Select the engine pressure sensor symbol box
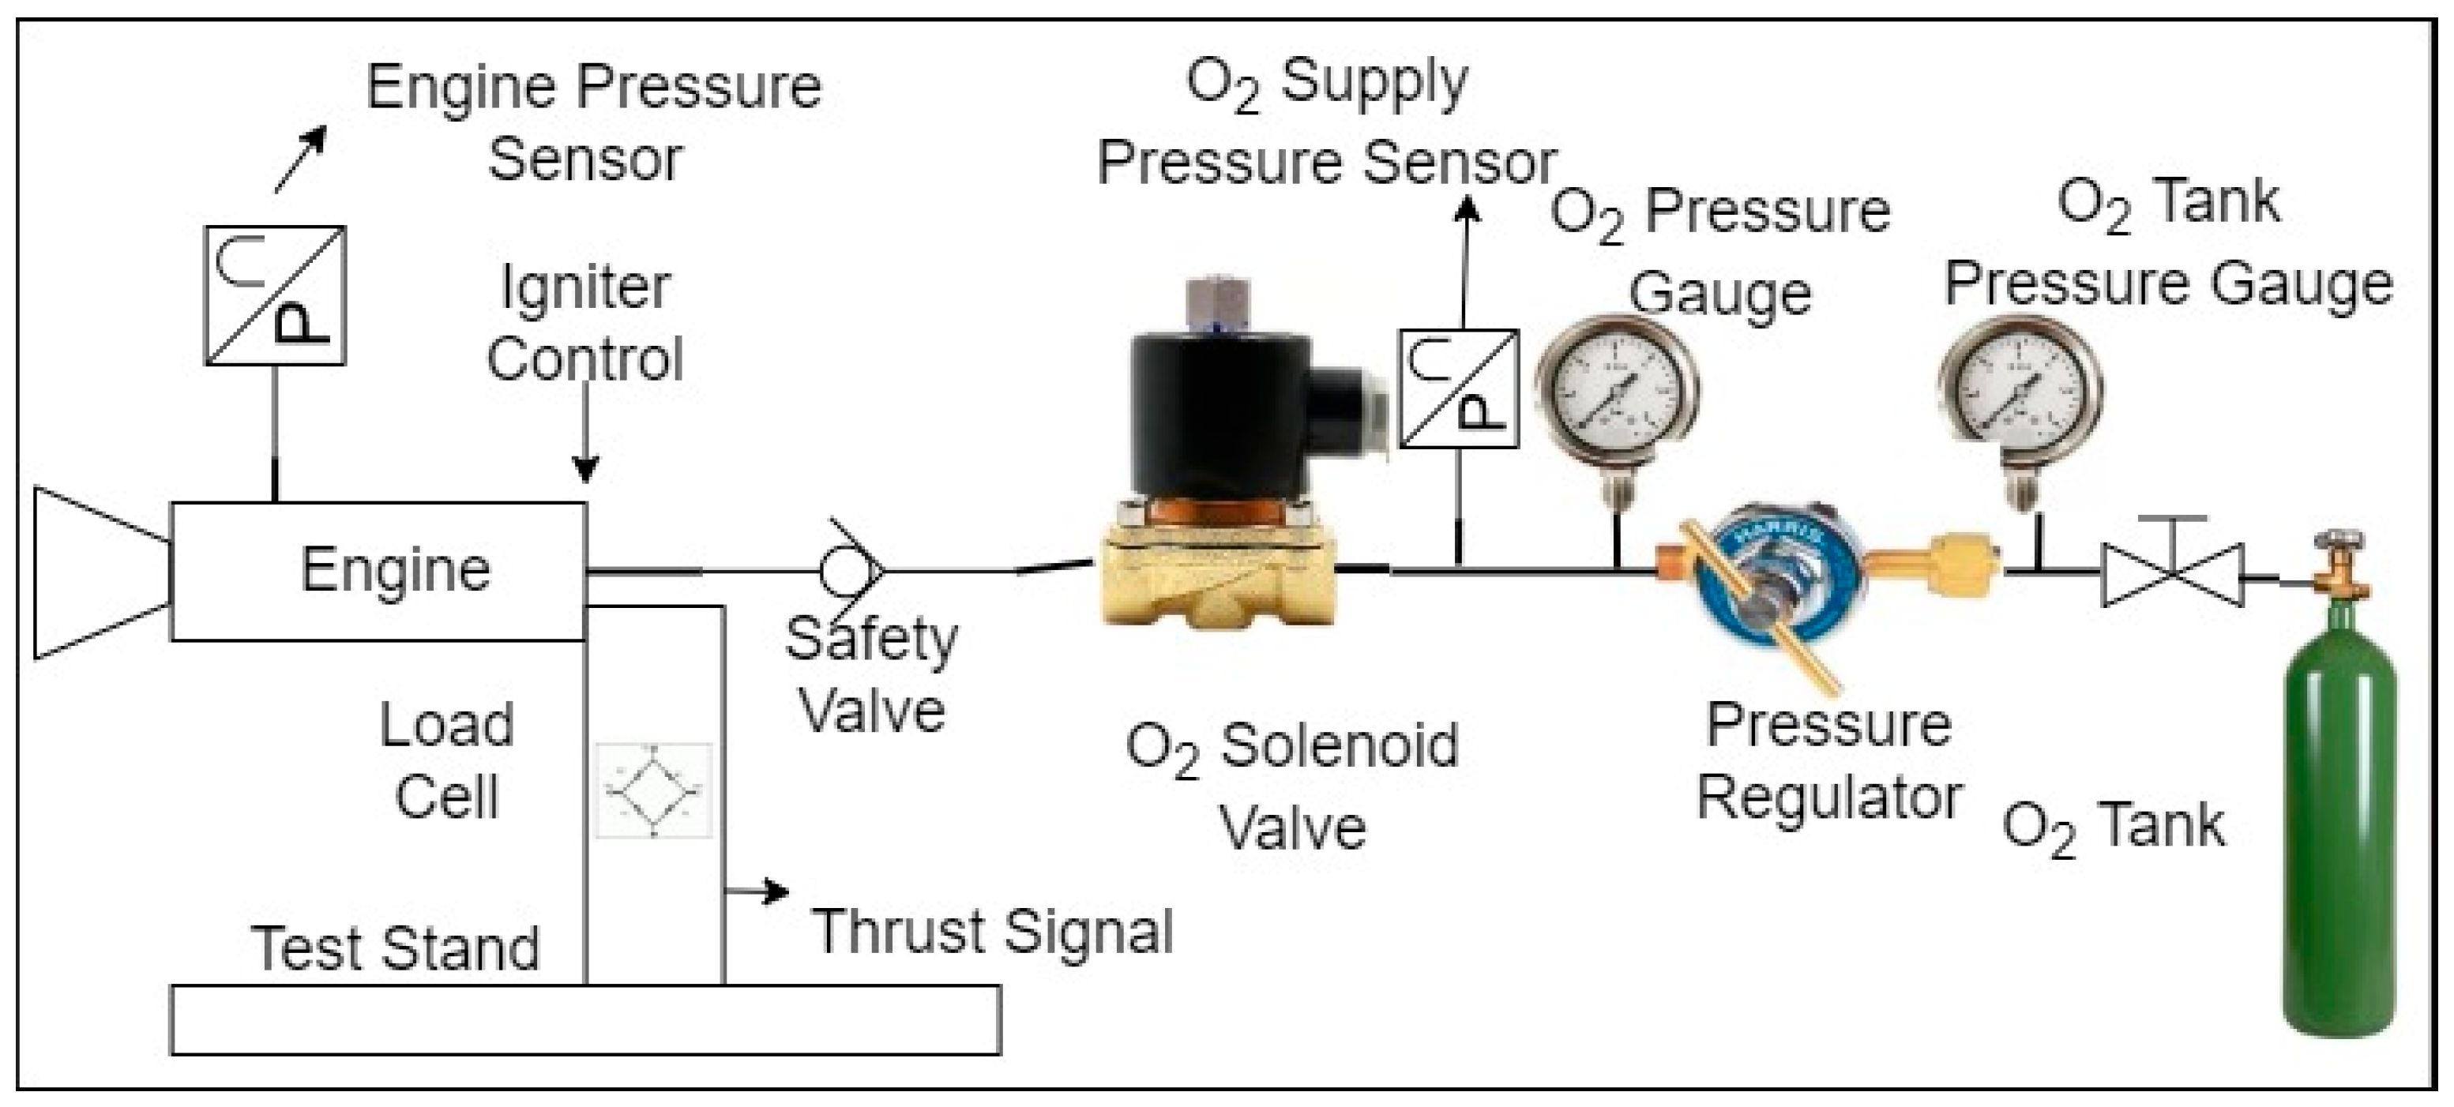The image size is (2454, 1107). [x=276, y=295]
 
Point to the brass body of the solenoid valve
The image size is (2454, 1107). [x=1219, y=581]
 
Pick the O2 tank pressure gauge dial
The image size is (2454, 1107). [x=2020, y=392]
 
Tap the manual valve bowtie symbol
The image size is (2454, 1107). [x=2173, y=575]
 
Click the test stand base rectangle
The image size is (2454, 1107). [x=585, y=1019]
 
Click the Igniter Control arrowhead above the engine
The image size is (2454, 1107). [x=586, y=469]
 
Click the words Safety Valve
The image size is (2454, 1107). [x=872, y=674]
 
